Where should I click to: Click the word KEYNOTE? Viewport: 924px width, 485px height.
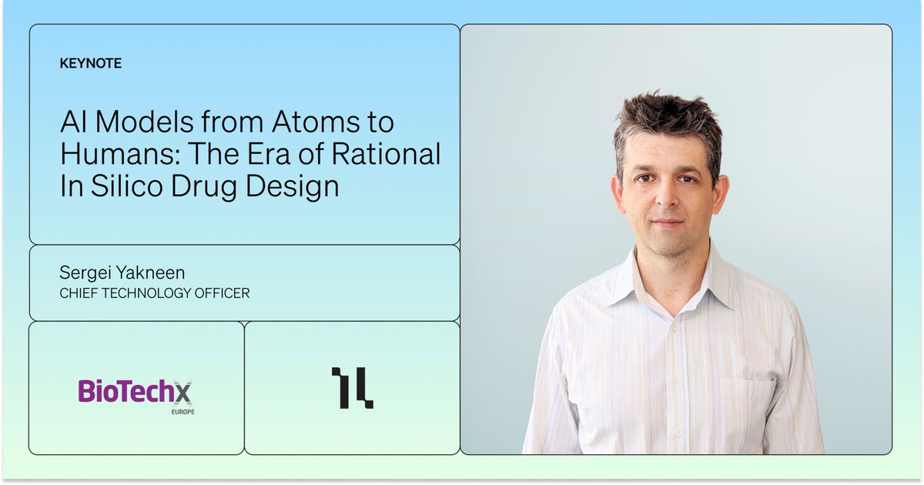pyautogui.click(x=90, y=64)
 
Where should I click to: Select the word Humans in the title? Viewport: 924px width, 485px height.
pyautogui.click(x=115, y=155)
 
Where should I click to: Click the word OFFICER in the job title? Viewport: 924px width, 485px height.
pyautogui.click(x=223, y=293)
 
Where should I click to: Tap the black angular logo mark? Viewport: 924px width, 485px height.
pyautogui.click(x=352, y=387)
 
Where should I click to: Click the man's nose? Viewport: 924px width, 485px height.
pyautogui.click(x=666, y=200)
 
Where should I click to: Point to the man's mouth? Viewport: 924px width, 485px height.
pyautogui.click(x=667, y=223)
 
